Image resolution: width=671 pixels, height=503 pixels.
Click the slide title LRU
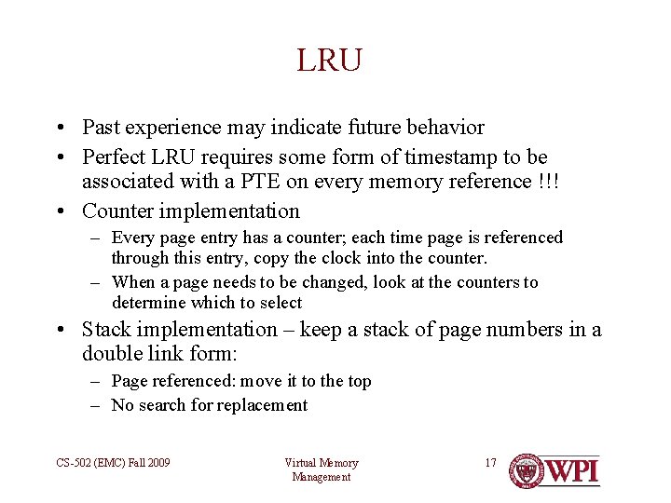tap(329, 61)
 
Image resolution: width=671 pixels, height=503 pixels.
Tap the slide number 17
tap(490, 463)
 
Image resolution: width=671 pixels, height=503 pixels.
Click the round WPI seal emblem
tap(527, 470)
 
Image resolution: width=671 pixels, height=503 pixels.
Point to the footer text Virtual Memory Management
tap(321, 469)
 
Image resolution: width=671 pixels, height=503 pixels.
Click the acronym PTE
tap(214, 181)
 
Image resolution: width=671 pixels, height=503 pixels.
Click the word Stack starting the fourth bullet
tap(106, 330)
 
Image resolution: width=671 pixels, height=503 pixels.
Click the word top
tap(359, 381)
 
